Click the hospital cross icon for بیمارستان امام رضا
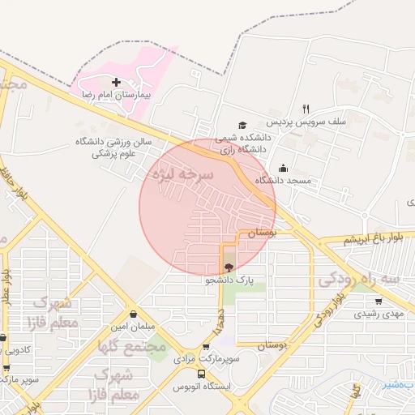point(116,82)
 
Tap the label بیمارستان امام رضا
point(117,95)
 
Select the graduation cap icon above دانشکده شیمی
point(242,125)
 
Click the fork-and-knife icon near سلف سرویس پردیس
point(306,109)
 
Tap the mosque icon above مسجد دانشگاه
point(281,169)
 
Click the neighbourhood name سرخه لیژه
point(182,174)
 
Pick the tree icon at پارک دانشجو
point(229,267)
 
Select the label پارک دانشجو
point(229,280)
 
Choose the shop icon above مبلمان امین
point(133,314)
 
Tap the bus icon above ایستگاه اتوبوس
point(202,374)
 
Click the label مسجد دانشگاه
point(284,180)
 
